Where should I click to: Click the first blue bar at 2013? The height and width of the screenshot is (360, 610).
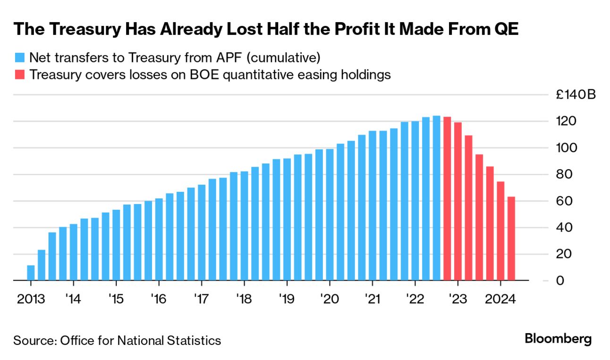pyautogui.click(x=31, y=273)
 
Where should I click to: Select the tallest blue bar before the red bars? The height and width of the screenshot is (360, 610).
pyautogui.click(x=436, y=198)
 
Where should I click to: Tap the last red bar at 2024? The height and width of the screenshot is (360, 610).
pyautogui.click(x=511, y=239)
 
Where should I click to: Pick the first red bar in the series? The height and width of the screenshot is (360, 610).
pyautogui.click(x=447, y=198)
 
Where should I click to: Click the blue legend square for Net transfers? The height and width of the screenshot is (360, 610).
pyautogui.click(x=19, y=58)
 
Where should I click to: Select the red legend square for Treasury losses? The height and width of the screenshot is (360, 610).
pyautogui.click(x=19, y=75)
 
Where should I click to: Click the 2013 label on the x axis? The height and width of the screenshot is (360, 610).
pyautogui.click(x=31, y=299)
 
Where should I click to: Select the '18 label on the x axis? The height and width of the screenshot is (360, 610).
pyautogui.click(x=244, y=299)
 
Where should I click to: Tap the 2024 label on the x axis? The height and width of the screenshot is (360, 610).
pyautogui.click(x=500, y=299)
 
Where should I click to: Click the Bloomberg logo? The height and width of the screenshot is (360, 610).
pyautogui.click(x=558, y=339)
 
